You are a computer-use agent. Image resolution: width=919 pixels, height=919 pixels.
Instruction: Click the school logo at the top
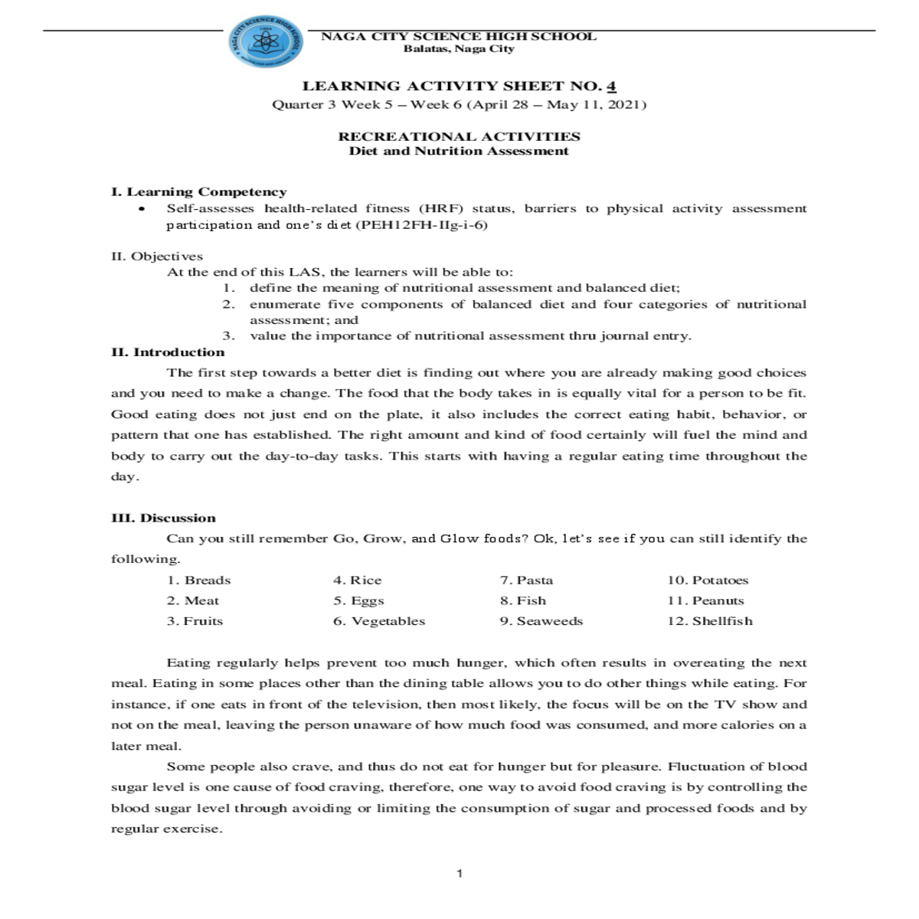[x=265, y=41]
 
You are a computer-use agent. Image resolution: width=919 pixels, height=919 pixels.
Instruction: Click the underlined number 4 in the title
[x=612, y=86]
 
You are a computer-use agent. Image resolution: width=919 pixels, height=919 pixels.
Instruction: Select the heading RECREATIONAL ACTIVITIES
[x=459, y=136]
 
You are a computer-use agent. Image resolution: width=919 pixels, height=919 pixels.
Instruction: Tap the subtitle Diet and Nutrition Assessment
[x=459, y=151]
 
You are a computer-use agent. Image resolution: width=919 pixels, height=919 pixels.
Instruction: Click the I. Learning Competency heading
[x=199, y=191]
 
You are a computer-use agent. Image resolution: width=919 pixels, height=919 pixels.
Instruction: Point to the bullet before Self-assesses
[x=141, y=209]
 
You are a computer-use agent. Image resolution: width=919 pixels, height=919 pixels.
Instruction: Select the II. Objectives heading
[x=157, y=256]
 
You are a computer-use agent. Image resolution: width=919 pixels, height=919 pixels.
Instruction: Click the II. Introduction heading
[x=168, y=352]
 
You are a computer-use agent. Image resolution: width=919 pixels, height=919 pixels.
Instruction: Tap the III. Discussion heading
[x=163, y=518]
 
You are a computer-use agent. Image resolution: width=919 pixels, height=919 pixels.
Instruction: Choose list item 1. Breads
[x=198, y=581]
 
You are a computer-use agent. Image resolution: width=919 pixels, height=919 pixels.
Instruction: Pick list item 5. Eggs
[x=358, y=601]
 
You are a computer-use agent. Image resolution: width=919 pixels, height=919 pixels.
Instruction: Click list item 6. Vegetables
[x=378, y=621]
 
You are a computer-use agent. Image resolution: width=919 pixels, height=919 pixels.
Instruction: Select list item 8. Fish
[x=523, y=601]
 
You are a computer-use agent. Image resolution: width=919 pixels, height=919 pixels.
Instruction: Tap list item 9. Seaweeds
[x=541, y=621]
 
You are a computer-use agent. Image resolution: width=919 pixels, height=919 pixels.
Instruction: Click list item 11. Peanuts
[x=705, y=601]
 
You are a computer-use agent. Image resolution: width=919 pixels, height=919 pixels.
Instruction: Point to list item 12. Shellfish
[x=710, y=621]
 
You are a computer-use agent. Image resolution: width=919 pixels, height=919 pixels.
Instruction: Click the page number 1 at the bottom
[x=459, y=874]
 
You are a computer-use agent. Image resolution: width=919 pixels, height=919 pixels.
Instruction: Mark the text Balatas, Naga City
[x=459, y=49]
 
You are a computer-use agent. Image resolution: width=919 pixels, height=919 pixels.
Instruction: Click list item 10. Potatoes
[x=708, y=581]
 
